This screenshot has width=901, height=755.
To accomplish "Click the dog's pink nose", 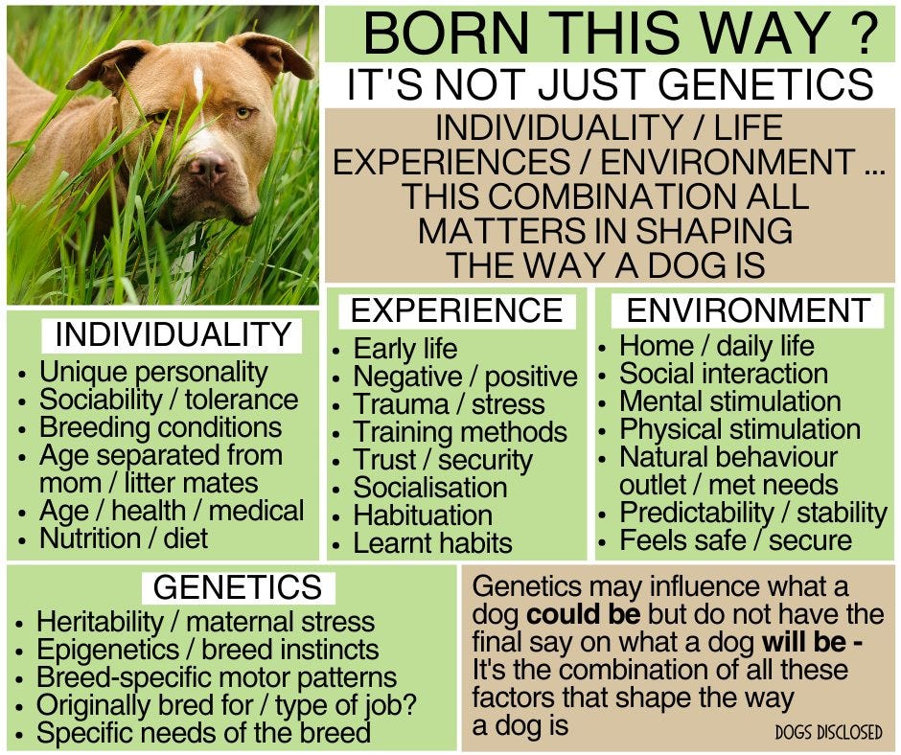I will tap(209, 170).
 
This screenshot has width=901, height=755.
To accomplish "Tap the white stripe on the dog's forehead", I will tap(198, 84).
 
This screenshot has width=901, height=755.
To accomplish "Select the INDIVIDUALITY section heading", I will tap(173, 335).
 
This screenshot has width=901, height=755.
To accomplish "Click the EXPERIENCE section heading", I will tap(456, 310).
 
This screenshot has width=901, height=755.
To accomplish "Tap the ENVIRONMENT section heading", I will tap(748, 310).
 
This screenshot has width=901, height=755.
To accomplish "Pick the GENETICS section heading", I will tap(238, 586).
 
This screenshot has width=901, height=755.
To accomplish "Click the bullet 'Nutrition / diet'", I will tap(123, 538).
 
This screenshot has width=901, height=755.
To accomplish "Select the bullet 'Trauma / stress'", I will tap(449, 404).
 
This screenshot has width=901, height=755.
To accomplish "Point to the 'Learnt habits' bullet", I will tap(432, 543).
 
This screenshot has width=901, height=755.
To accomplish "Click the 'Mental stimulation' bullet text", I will tap(729, 400).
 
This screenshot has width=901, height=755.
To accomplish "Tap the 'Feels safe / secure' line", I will tap(735, 539).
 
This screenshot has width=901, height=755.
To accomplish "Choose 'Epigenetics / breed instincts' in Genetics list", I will tap(207, 650).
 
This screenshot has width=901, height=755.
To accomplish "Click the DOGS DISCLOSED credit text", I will tap(828, 732).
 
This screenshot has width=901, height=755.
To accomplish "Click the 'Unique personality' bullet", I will tap(153, 372).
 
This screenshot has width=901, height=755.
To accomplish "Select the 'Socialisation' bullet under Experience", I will tap(429, 488).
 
